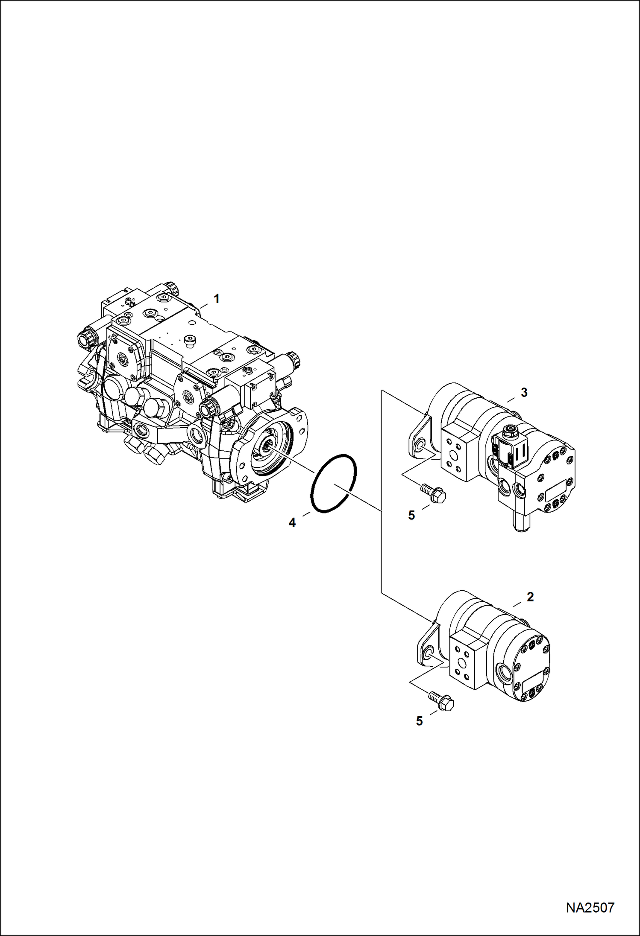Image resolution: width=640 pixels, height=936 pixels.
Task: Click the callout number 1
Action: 217,299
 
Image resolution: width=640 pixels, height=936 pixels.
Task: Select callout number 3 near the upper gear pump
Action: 524,392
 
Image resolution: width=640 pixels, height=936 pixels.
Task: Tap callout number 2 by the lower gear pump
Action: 530,597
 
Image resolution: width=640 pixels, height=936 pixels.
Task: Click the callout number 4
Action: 292,522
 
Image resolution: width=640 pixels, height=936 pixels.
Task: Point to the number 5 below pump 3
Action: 411,516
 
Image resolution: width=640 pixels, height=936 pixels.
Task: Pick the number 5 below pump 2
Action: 420,721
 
